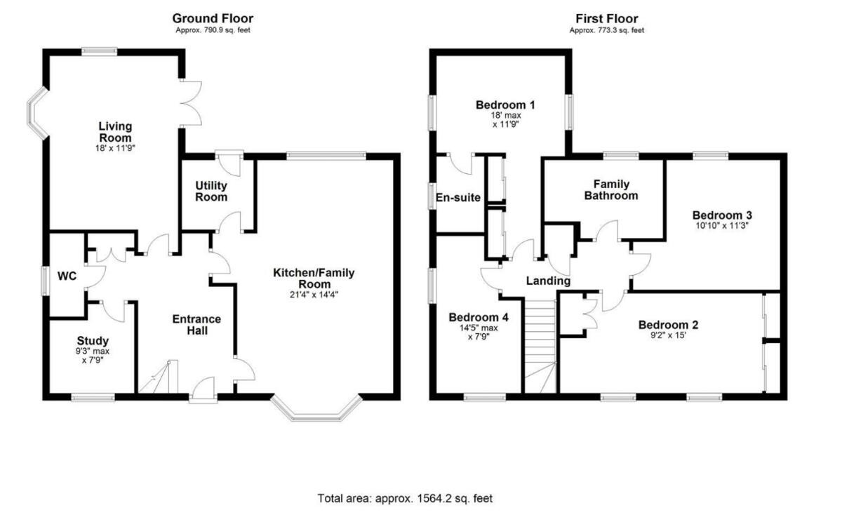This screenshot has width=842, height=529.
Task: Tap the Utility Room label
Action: pyautogui.click(x=211, y=192)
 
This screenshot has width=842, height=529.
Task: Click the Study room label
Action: pyautogui.click(x=93, y=341)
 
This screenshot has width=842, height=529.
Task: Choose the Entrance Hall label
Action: pyautogui.click(x=196, y=325)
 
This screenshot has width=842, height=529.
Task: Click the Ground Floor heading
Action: pyautogui.click(x=213, y=18)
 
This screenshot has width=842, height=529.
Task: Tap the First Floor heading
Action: pyautogui.click(x=606, y=18)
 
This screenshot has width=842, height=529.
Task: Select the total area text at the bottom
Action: pyautogui.click(x=405, y=499)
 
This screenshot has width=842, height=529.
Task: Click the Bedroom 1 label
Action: pyautogui.click(x=505, y=105)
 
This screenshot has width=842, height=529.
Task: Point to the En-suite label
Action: pyautogui.click(x=457, y=198)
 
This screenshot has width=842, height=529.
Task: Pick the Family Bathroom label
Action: pyautogui.click(x=610, y=189)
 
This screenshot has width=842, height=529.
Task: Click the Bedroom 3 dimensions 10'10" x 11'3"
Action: pyautogui.click(x=722, y=227)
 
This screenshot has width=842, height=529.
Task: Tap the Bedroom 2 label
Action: pyautogui.click(x=667, y=325)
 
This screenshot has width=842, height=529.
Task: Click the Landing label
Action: pyautogui.click(x=548, y=281)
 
